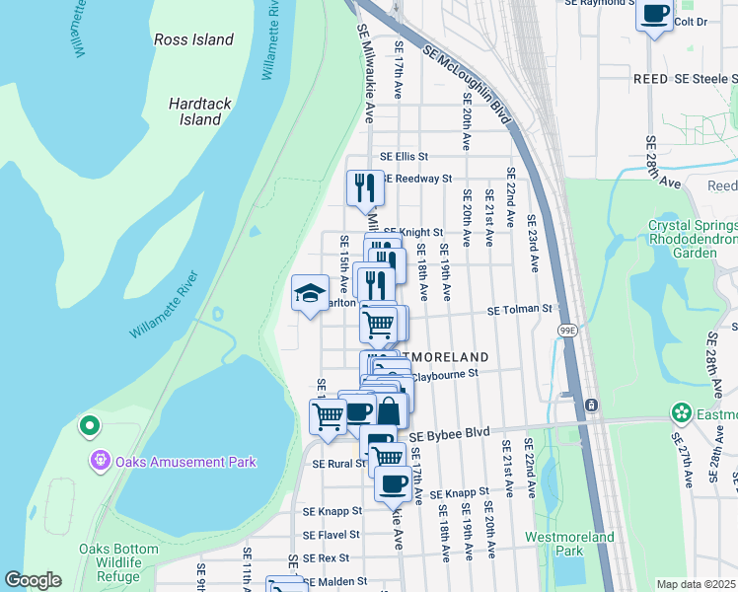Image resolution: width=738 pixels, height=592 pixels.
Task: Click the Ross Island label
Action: tap(194, 40)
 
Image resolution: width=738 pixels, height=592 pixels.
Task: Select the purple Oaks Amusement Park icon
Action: tap(99, 461)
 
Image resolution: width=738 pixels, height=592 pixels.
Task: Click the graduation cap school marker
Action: tap(310, 293)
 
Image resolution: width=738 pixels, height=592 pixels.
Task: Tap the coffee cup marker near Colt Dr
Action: tap(655, 14)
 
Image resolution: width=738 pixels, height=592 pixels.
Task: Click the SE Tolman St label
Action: tap(521, 310)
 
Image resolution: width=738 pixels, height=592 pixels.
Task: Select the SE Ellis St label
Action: tap(405, 157)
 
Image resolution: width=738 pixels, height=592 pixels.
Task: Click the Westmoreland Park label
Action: tap(569, 544)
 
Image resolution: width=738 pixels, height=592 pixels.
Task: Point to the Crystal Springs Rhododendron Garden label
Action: tap(695, 239)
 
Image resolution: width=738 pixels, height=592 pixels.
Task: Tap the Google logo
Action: tap(33, 580)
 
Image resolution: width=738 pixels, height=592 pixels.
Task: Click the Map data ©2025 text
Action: tap(696, 584)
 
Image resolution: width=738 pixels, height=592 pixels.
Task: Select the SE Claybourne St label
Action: tap(444, 374)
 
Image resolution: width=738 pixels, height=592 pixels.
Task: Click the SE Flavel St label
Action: tap(332, 536)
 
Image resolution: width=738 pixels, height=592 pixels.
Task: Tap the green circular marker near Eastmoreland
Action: tap(680, 412)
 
